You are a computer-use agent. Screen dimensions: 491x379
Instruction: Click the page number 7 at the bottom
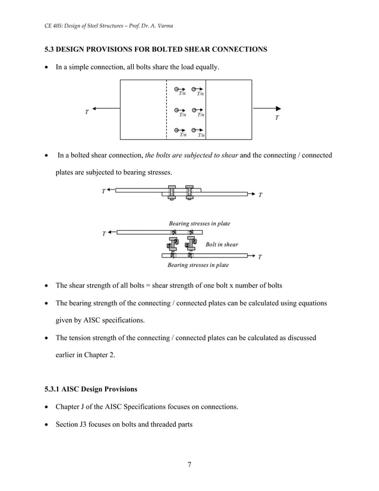pos(189,464)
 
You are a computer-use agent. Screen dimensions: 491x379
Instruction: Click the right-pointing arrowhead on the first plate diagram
pos(277,108)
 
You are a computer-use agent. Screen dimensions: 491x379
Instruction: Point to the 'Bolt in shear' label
pos(222,244)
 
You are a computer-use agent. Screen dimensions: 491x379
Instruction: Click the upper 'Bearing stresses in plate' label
pos(199,223)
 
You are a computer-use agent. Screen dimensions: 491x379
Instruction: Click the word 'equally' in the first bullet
pos(205,68)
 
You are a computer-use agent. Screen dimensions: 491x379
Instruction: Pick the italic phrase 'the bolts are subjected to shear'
pos(192,155)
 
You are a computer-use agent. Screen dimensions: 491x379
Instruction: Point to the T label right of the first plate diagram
pos(276,118)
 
